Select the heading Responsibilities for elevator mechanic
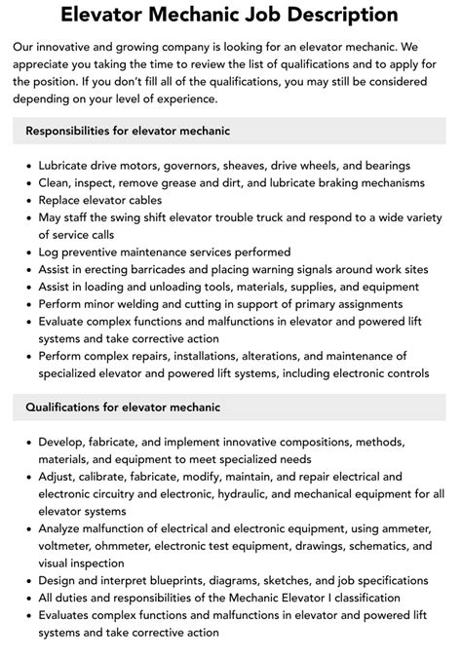[x=128, y=131]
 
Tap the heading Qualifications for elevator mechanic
[x=123, y=407]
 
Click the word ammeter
[x=399, y=528]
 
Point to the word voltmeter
[x=69, y=546]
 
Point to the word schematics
[x=373, y=546]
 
